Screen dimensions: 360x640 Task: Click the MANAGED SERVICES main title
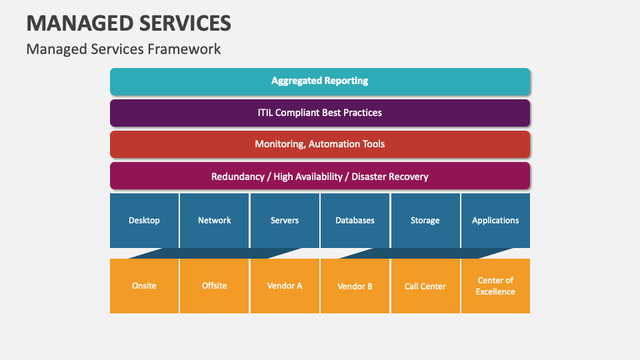coord(129,23)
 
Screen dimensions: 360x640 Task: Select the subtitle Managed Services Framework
coord(123,49)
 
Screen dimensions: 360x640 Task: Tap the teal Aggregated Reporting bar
coord(320,81)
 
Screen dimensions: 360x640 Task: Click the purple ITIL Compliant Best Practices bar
coord(320,113)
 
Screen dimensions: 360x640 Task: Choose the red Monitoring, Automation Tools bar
coord(320,144)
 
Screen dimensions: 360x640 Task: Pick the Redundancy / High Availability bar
coord(320,177)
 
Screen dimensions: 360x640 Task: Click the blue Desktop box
coord(144,221)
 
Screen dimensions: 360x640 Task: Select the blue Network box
coord(215,221)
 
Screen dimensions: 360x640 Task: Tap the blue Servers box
coord(285,221)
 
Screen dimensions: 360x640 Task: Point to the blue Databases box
coord(355,221)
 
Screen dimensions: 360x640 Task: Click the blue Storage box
coord(425,221)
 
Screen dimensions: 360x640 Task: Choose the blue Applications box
coord(495,221)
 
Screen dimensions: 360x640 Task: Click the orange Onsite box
coord(144,286)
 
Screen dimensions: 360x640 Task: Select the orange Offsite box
coord(215,286)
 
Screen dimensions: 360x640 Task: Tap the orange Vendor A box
coord(285,286)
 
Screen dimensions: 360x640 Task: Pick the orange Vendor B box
coord(355,286)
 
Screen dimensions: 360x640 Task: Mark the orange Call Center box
coord(425,286)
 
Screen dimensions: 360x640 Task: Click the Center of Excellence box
coord(495,286)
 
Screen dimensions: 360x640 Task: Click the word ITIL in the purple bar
coord(267,113)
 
